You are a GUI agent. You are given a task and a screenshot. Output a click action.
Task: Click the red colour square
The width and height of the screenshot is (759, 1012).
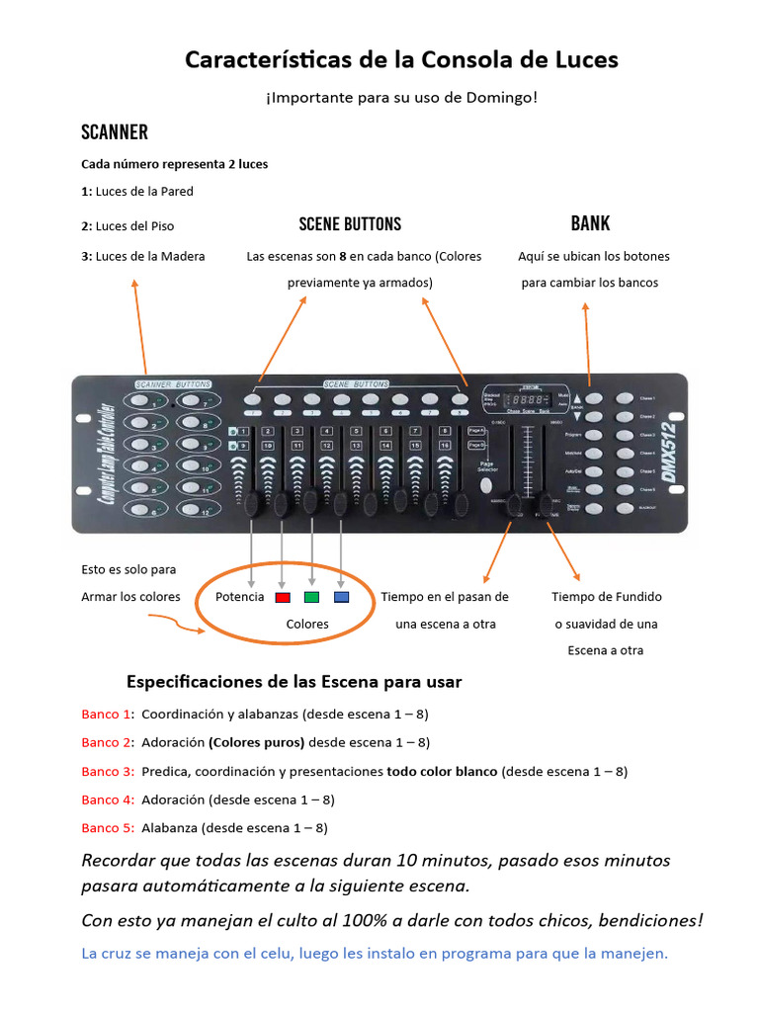(282, 598)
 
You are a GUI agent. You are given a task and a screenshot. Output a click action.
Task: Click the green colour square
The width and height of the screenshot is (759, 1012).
(311, 598)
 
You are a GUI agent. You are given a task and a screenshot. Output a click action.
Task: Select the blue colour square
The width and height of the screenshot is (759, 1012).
(341, 598)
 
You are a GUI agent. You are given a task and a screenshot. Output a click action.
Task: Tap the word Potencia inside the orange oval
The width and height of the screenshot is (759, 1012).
(240, 597)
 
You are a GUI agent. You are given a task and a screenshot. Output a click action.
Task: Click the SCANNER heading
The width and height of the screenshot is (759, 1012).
(114, 132)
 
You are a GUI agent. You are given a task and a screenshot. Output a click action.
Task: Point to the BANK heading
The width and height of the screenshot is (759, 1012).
(590, 223)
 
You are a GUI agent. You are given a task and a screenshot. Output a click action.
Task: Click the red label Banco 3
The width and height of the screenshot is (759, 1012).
(107, 771)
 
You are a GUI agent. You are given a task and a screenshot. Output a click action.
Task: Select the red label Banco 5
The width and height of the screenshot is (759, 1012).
(107, 828)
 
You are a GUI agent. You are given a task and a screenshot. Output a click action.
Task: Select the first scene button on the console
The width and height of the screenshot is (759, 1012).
(253, 399)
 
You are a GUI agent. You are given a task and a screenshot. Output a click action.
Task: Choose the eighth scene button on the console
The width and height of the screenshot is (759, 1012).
(460, 399)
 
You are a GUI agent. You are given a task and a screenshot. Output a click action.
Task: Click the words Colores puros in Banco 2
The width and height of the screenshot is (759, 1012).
(252, 742)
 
